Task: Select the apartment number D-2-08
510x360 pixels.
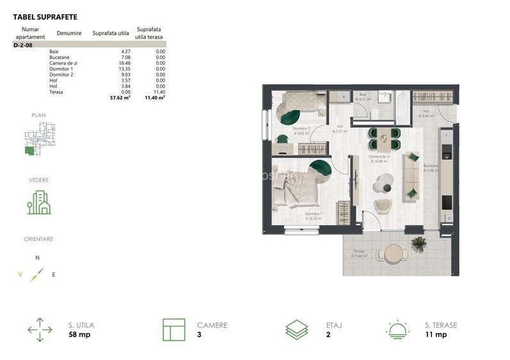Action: [23, 45]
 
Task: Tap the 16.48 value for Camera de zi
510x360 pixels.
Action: [122, 63]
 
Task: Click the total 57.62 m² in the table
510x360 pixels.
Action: [120, 98]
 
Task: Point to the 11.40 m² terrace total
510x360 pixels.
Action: [155, 98]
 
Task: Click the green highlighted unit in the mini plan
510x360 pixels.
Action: [28, 151]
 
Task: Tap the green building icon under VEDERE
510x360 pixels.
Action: [39, 203]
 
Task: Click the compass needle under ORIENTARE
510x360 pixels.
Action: [37, 275]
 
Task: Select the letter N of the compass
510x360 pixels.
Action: [37, 257]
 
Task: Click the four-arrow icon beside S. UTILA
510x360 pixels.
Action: [40, 329]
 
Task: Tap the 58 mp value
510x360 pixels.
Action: [79, 334]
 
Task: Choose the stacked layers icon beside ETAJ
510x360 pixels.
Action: [297, 329]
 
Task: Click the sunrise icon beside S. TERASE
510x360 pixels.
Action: [398, 329]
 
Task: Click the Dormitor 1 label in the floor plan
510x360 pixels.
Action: [313, 214]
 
